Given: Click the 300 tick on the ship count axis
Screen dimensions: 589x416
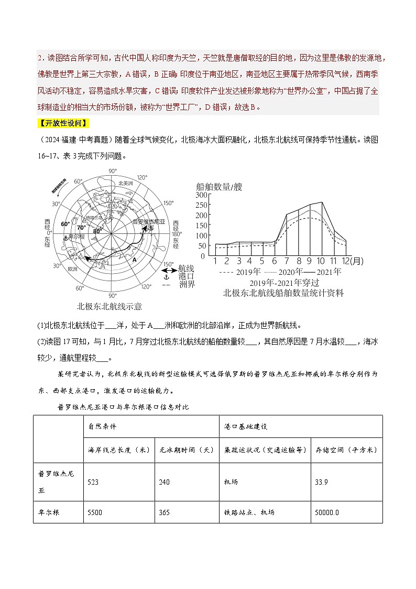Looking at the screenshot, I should pos(202,195).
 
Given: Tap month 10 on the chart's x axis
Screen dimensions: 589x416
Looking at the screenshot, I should pos(321,261).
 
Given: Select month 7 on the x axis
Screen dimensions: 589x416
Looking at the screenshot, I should pos(286,261).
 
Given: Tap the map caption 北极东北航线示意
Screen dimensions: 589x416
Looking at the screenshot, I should pos(110,306).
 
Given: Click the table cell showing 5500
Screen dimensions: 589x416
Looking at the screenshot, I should pos(97,512).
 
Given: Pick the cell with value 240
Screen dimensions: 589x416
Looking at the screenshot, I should pos(165,481).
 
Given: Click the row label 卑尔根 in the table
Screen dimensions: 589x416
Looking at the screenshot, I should pos(49,512).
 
